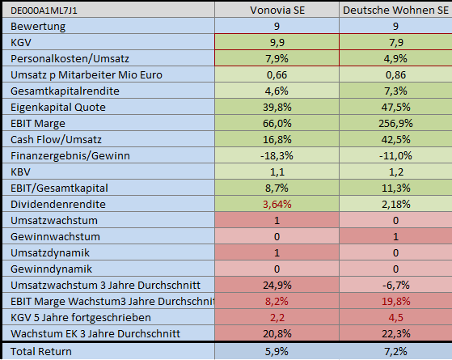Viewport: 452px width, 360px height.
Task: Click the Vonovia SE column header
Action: [277, 11]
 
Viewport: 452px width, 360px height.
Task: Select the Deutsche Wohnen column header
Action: [395, 11]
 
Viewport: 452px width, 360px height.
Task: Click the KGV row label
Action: [18, 42]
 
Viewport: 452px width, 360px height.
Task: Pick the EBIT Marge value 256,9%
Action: [395, 123]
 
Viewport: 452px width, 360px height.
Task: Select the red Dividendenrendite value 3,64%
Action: [277, 204]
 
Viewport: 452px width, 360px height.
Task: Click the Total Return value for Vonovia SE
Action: [277, 351]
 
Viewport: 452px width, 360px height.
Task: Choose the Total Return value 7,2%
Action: [395, 351]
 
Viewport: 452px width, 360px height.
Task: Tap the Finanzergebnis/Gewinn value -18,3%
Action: [277, 155]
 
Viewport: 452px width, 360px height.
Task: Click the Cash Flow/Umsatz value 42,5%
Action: [395, 139]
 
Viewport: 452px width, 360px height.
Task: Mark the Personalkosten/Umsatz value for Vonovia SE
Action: [277, 58]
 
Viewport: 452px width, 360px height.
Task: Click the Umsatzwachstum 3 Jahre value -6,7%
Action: [395, 285]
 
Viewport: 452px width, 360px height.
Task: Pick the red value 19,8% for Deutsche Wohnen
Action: [395, 301]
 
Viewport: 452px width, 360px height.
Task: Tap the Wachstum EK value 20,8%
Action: [277, 333]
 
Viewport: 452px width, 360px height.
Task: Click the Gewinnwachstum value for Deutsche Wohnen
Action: [395, 236]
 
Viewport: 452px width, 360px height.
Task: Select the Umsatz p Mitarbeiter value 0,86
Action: [395, 74]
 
